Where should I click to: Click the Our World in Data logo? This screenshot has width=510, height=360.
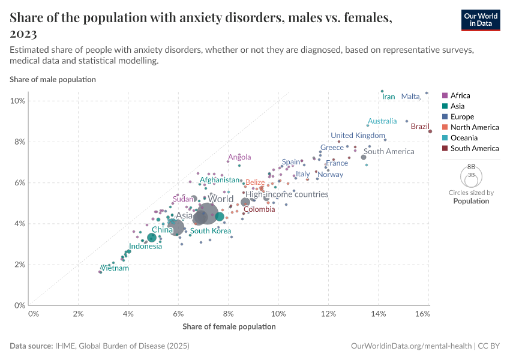tap(480, 20)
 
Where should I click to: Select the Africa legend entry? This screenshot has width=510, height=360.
tap(460, 95)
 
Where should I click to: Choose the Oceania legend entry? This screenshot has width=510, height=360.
tap(463, 137)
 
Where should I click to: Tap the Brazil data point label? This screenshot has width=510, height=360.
tap(420, 127)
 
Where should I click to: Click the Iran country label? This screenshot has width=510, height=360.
tap(389, 97)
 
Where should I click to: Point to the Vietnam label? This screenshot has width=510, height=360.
tap(115, 268)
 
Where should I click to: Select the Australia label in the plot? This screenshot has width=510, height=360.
tap(382, 121)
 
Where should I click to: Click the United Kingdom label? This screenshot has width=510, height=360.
tap(358, 136)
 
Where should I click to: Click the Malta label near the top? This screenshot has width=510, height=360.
tap(410, 97)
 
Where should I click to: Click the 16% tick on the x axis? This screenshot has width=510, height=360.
tap(422, 314)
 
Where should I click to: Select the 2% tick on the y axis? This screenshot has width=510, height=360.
tap(19, 265)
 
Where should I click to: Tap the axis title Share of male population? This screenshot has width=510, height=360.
tap(53, 79)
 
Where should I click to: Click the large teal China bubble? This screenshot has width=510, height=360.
tap(152, 238)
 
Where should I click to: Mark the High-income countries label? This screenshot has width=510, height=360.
tap(287, 194)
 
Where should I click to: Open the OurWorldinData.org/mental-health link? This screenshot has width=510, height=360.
tap(411, 346)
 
